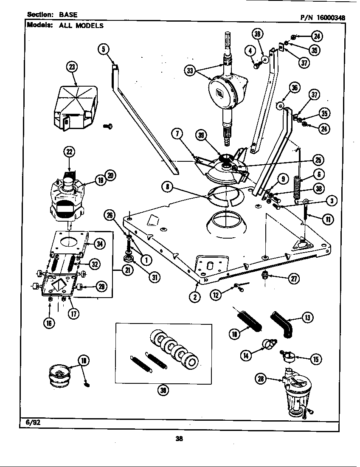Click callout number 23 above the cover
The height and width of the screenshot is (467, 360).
point(73,66)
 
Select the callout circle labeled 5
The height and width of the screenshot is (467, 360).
point(103,49)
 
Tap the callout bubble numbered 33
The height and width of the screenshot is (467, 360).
point(189,70)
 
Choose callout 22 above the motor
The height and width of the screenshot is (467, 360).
point(69,152)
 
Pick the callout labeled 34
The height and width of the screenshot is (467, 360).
point(99,243)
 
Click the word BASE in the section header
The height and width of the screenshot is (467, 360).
point(68,14)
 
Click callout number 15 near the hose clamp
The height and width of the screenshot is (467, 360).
point(315,360)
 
